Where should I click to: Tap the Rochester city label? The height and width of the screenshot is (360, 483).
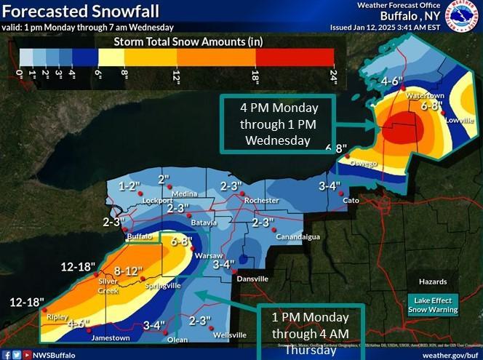(x=262, y=200)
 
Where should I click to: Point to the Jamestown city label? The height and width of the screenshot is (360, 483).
(x=110, y=338)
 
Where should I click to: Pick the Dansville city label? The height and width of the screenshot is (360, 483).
(x=250, y=279)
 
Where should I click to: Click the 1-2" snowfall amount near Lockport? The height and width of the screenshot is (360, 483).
(x=129, y=186)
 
